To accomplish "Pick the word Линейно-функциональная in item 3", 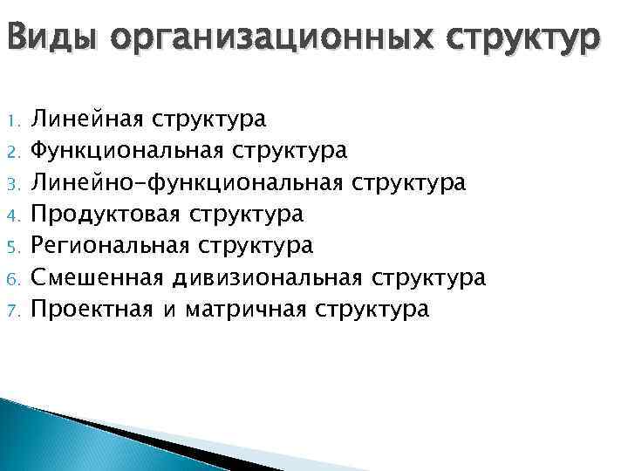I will click(x=187, y=183).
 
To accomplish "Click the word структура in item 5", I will click(x=256, y=247).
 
